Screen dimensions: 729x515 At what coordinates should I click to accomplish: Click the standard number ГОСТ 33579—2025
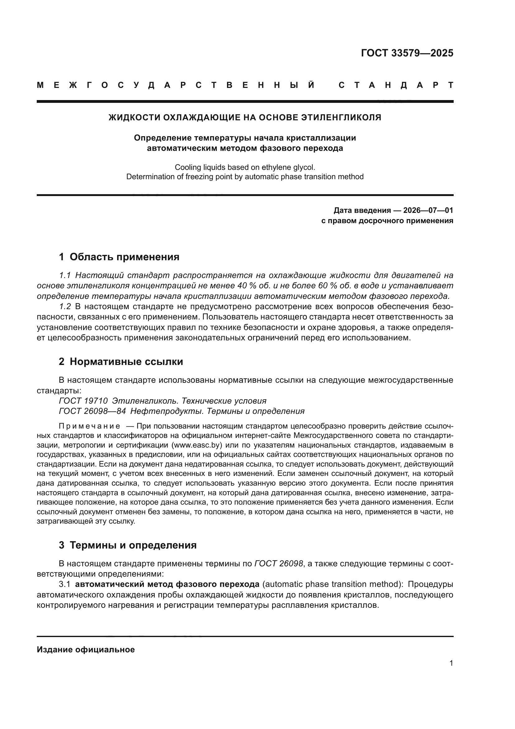tap(407, 53)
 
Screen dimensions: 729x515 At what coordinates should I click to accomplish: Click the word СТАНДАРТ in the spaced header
tap(396, 85)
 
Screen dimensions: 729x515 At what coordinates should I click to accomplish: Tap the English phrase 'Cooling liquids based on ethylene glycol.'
tap(245, 167)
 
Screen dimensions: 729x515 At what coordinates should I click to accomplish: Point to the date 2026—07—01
tap(428, 210)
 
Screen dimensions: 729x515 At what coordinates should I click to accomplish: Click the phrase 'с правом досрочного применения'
tap(387, 220)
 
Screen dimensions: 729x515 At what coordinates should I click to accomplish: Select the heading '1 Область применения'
tap(119, 257)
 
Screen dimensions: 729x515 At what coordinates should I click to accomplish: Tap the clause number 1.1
tap(65, 275)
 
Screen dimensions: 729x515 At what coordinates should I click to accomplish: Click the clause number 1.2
tap(65, 306)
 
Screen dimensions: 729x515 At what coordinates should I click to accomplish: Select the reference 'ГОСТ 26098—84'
tap(92, 411)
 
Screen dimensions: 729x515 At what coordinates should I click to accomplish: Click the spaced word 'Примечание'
tap(89, 426)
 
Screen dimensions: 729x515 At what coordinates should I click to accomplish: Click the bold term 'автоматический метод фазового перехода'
tap(167, 584)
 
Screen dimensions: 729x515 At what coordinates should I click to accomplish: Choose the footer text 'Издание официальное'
tap(86, 650)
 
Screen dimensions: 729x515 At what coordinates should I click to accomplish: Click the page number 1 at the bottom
tap(451, 663)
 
